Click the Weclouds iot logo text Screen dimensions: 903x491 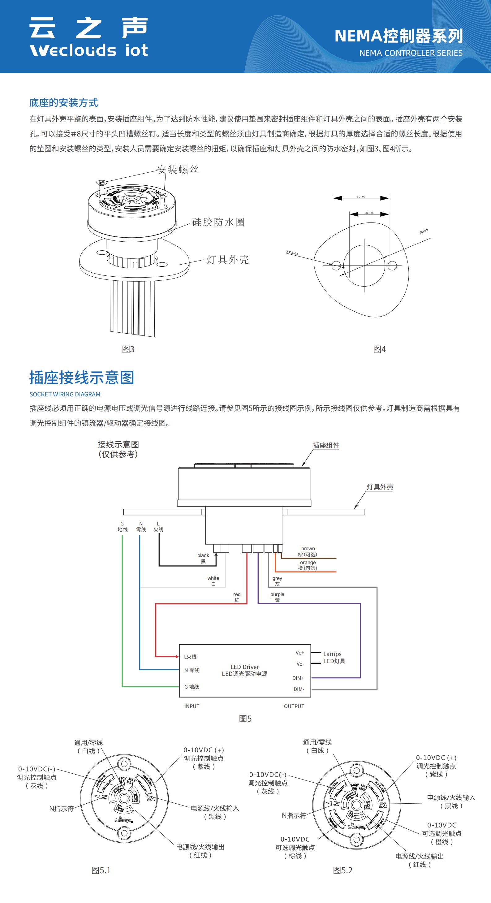point(89,50)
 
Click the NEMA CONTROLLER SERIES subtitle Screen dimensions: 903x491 point(411,53)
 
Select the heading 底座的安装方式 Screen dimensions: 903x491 point(63,103)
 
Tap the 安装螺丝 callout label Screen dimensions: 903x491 point(178,170)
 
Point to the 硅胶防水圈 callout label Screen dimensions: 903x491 point(218,222)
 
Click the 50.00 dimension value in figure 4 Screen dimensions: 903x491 point(361,197)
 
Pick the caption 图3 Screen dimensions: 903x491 point(128,349)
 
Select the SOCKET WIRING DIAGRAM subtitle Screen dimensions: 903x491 point(65,394)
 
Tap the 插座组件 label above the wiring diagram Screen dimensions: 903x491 point(326,446)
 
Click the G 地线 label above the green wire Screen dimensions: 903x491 point(122,526)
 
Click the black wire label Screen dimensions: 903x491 point(203,558)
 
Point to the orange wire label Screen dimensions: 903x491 point(308,565)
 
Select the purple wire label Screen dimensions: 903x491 point(277,597)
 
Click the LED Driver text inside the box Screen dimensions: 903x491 point(245,667)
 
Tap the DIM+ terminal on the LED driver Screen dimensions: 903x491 point(298,678)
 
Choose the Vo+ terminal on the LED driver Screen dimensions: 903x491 point(300,653)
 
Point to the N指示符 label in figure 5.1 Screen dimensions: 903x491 point(61,809)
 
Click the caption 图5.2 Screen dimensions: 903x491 point(342,871)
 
